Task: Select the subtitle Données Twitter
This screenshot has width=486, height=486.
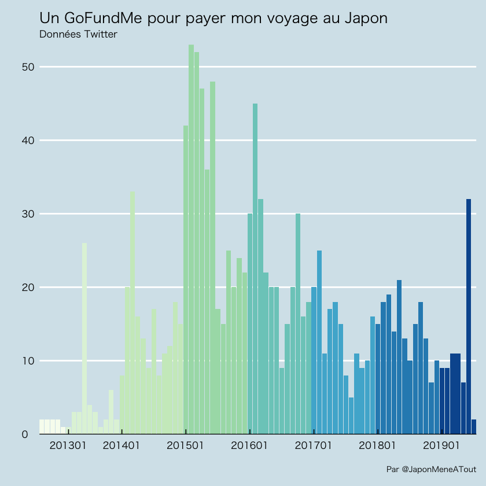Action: (78, 35)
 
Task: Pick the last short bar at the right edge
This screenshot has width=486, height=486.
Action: (474, 427)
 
